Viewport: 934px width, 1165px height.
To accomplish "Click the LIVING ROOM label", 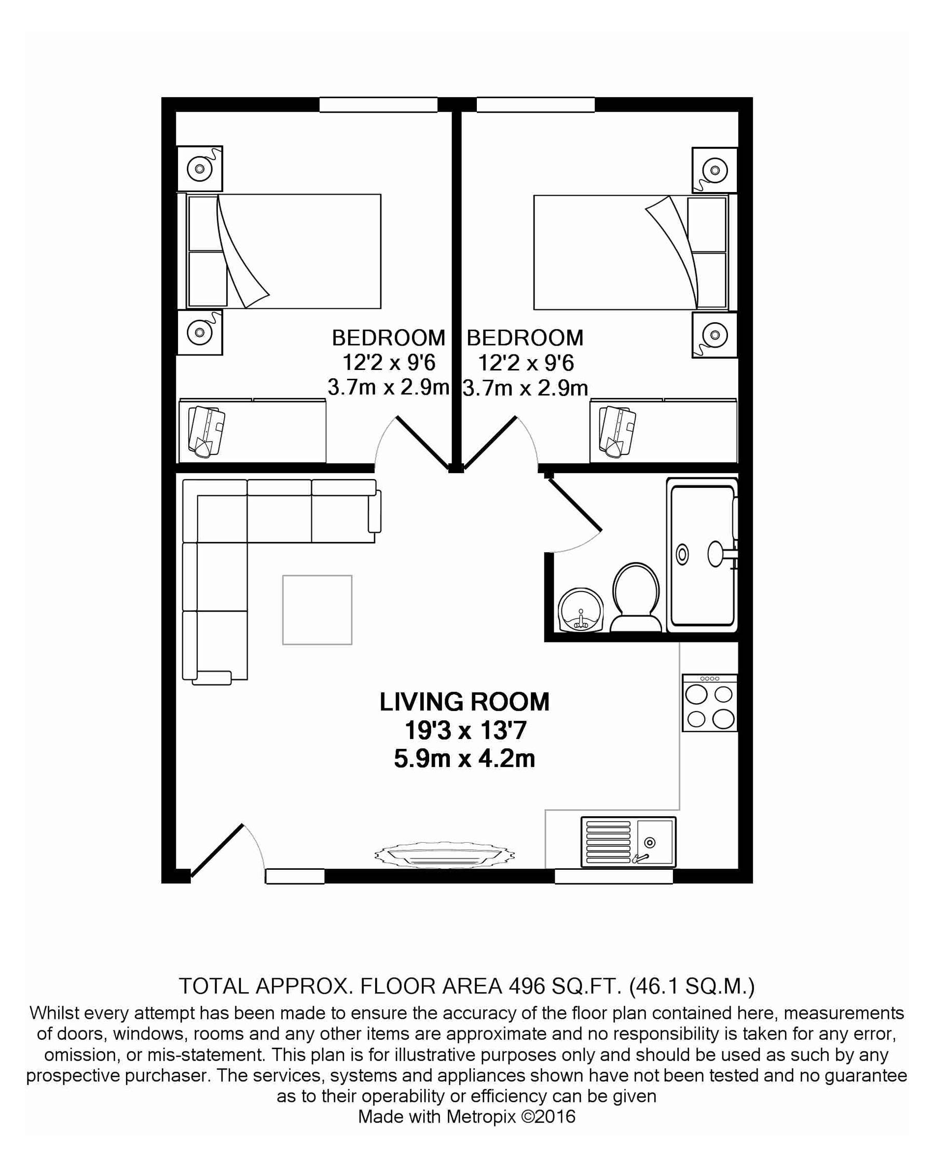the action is [464, 702].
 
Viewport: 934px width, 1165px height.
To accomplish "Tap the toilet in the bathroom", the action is [636, 597].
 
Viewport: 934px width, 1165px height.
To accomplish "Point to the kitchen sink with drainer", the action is [628, 842].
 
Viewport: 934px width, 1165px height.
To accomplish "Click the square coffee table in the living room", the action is [317, 610].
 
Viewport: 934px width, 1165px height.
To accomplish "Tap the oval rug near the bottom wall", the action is [444, 855].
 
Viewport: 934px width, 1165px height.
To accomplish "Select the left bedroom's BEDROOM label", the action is [389, 338].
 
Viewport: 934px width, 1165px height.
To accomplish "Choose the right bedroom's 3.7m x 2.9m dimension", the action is [525, 388].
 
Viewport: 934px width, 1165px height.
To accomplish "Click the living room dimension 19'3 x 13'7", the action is [465, 731].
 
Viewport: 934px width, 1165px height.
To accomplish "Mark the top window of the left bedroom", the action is [378, 105].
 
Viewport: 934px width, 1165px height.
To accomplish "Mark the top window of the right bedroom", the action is [535, 105].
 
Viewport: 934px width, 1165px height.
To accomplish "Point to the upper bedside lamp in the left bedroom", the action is [199, 169].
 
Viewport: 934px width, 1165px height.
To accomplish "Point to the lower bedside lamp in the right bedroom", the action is [715, 335].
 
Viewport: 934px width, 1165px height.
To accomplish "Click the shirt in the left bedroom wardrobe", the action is [206, 432].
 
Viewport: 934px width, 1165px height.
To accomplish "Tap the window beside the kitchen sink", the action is [614, 876].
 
